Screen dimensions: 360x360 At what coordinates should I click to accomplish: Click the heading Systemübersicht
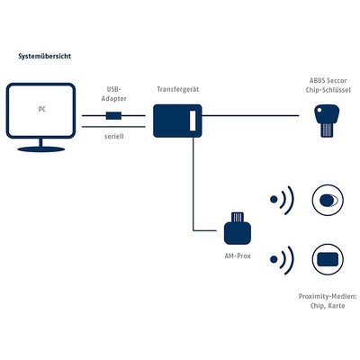point(45,56)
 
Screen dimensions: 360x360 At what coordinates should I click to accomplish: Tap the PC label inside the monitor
point(42,109)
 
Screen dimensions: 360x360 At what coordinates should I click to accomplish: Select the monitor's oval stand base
point(41,149)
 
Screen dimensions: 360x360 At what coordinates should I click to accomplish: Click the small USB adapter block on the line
point(113,115)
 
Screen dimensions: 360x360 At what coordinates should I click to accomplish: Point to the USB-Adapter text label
point(113,94)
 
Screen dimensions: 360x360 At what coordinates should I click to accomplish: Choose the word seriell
point(114,137)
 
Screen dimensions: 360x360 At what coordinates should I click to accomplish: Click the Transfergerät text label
point(178,89)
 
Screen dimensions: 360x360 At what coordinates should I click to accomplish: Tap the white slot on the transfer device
point(193,121)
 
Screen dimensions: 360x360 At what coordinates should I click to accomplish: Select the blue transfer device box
point(177,121)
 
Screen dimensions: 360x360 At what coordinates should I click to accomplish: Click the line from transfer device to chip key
point(250,115)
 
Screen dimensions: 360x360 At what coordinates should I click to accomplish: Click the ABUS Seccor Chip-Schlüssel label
point(328,85)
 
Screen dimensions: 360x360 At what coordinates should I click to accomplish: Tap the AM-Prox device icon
point(238,228)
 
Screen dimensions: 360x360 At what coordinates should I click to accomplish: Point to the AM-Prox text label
point(238,256)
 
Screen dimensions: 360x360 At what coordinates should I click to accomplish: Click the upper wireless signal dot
point(274,200)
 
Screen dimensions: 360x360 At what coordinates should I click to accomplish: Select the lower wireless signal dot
point(274,259)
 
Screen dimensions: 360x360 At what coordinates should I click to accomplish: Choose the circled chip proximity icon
point(328,200)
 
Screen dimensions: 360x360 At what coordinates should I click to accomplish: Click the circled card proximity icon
point(328,259)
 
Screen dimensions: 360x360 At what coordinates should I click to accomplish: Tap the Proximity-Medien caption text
point(328,301)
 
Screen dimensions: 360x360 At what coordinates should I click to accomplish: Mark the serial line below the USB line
point(113,127)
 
